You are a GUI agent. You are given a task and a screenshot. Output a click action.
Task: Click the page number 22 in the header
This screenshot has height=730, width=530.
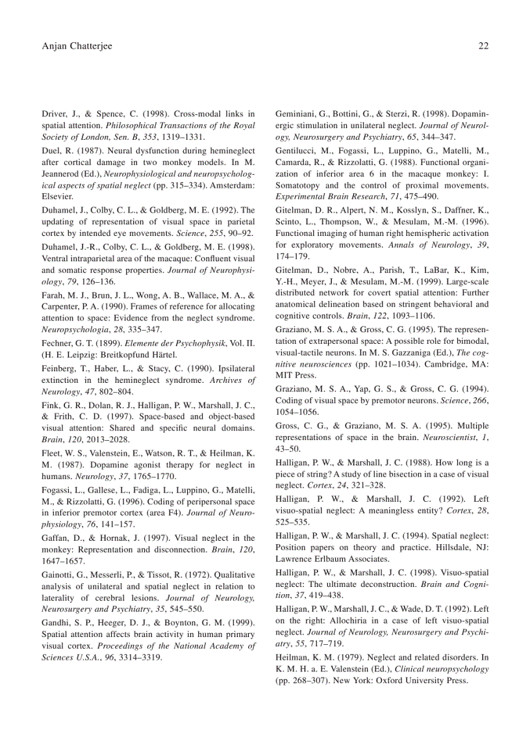click(x=483, y=46)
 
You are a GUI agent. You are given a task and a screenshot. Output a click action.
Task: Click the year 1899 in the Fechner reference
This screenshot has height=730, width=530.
click(x=121, y=342)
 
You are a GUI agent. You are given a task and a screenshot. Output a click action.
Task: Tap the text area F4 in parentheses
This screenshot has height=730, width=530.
click(x=170, y=512)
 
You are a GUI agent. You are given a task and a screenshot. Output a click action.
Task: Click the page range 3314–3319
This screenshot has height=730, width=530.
click(x=141, y=657)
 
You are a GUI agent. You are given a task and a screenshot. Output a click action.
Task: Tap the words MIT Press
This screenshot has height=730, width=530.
click(x=296, y=375)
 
